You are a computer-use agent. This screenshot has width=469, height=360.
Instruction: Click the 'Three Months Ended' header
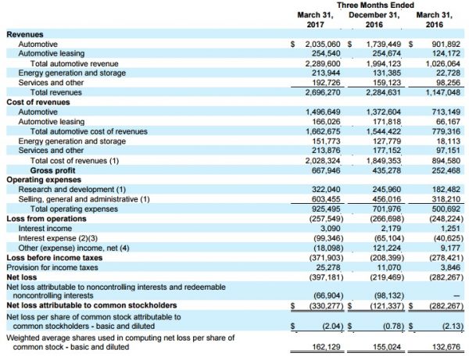pos(375,5)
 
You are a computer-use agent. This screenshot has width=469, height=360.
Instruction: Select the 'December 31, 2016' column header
pos(374,20)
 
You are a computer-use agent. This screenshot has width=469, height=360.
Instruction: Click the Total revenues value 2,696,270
pos(323,92)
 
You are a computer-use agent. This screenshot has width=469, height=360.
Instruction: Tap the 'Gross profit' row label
pos(52,170)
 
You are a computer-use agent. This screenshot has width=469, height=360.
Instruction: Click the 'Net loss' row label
pos(22,277)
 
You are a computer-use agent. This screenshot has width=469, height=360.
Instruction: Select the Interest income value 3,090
pos(330,229)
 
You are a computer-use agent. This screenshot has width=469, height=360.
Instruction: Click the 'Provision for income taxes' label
pos(52,267)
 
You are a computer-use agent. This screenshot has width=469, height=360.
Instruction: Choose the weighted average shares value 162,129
pos(326,347)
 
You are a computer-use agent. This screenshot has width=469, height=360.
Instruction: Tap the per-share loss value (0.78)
pos(393,326)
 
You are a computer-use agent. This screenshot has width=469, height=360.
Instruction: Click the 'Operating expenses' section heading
pos(44,180)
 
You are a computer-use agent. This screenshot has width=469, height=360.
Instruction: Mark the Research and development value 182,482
pos(446,190)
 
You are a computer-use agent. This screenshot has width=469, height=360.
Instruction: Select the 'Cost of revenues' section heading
pos(38,102)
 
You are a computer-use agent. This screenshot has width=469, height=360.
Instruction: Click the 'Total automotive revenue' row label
pos(74,63)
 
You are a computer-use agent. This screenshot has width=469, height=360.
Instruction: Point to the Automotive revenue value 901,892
pos(446,45)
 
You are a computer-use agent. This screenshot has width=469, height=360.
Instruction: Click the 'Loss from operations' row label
pos(46,219)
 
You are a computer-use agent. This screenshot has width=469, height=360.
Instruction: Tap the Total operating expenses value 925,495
pos(326,209)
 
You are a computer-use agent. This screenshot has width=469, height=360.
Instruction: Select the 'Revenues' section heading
pos(25,34)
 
